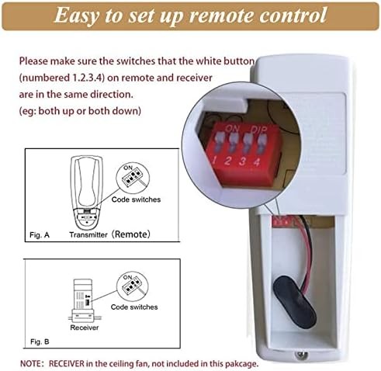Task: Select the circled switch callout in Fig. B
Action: pos(130,285)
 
